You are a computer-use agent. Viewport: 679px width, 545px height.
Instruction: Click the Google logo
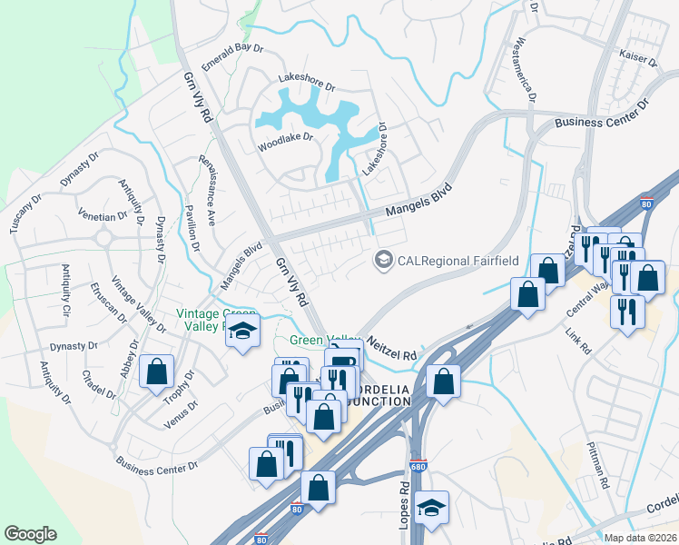coord(31,534)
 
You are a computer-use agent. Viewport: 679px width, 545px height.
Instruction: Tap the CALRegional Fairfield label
coord(458,261)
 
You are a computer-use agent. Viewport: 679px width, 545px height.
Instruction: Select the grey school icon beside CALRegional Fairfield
coord(383,261)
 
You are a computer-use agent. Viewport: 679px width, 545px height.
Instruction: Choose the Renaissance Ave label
coord(207,189)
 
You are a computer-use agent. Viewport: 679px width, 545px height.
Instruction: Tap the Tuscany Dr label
coord(26,213)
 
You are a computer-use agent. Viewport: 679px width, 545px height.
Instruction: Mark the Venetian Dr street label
coord(103,216)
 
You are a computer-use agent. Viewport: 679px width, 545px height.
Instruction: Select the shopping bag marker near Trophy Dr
coord(157,372)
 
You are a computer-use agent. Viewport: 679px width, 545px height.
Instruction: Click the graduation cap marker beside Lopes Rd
coord(432,508)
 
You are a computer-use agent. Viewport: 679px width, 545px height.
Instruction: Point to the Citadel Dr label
coord(98,383)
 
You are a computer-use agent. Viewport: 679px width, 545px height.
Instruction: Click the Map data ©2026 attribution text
coord(640,538)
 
